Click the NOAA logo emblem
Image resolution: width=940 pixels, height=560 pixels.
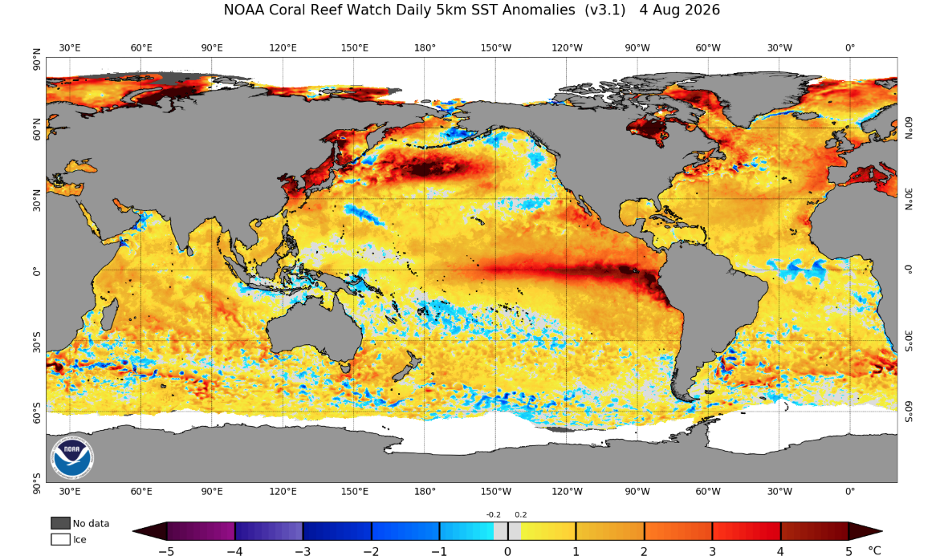click(x=71, y=458)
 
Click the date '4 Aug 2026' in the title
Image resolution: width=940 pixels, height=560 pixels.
click(x=679, y=10)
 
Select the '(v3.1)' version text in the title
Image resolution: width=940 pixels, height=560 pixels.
click(x=605, y=10)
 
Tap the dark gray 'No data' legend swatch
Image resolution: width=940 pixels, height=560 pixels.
click(x=60, y=523)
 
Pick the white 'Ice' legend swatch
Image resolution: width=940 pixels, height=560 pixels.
click(x=60, y=539)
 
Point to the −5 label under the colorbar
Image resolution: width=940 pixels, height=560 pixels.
click(x=166, y=551)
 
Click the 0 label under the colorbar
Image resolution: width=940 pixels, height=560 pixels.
click(x=508, y=551)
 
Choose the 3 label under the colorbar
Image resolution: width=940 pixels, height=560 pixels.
click(x=712, y=551)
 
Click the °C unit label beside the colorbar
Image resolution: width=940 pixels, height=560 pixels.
click(x=874, y=550)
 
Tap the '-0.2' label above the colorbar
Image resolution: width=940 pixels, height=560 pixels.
click(x=494, y=514)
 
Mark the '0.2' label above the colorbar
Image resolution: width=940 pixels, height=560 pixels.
click(x=521, y=514)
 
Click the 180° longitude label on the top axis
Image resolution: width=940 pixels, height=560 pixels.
click(x=425, y=48)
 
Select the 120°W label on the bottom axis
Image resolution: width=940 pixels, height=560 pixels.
click(x=567, y=492)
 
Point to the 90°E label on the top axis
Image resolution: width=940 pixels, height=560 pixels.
click(x=212, y=48)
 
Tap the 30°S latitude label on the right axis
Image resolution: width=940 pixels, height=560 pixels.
click(x=909, y=341)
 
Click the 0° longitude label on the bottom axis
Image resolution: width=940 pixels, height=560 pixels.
click(x=850, y=492)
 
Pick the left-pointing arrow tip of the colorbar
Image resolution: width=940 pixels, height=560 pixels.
click(x=134, y=531)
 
